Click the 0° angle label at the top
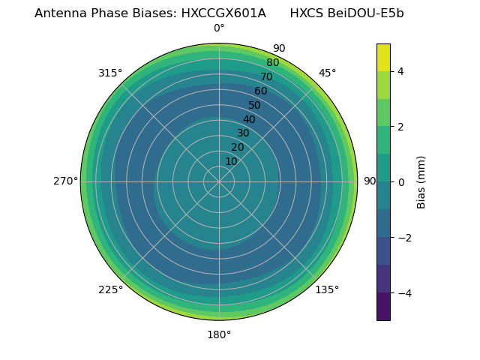[x=219, y=28]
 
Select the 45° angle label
[x=327, y=73]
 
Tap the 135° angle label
[x=327, y=289]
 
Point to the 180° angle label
[x=219, y=334]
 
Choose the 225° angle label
[x=110, y=289]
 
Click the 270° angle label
[x=65, y=181]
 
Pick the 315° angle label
[x=110, y=73]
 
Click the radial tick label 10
[x=231, y=161]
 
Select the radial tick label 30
[x=243, y=133]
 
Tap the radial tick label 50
[x=254, y=106]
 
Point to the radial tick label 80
[x=272, y=63]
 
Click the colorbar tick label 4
[x=400, y=71]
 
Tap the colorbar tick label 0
[x=400, y=181]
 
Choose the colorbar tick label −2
[x=404, y=237]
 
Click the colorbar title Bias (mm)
[x=421, y=181]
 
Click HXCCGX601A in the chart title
[x=223, y=13]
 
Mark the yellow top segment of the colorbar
[x=383, y=58]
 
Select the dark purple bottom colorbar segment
[x=383, y=306]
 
